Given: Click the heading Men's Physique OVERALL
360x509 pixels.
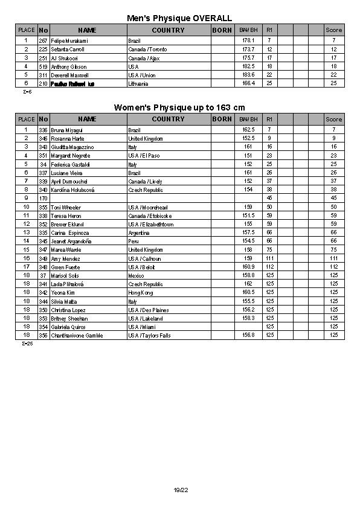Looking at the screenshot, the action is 179,19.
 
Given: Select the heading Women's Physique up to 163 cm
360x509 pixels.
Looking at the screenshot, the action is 179,107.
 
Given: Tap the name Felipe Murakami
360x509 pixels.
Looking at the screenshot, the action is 69,40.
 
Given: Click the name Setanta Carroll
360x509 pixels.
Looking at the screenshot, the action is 68,49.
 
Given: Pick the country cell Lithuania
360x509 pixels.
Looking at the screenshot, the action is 138,84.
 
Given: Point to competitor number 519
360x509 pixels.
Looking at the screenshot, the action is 43,66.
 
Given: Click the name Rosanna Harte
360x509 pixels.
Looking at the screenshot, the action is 68,138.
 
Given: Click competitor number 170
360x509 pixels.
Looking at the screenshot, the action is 43,198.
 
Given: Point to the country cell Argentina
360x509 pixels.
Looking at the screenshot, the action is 139,232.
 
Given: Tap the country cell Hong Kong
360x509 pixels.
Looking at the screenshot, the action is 141,292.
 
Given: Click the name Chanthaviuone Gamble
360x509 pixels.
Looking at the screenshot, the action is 77,335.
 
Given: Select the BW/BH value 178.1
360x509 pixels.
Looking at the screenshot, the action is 248,40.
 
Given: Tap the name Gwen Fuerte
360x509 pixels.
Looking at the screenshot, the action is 66,267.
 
